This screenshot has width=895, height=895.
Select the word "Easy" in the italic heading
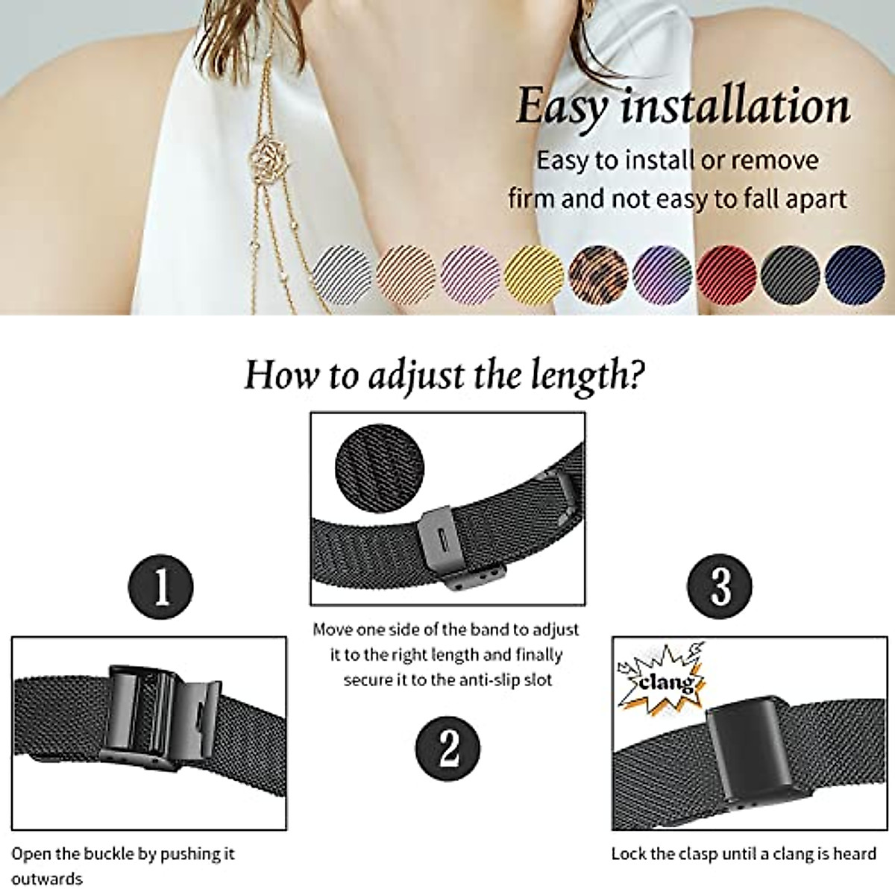pos(561,107)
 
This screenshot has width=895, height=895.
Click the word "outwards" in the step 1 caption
pos(47,878)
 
